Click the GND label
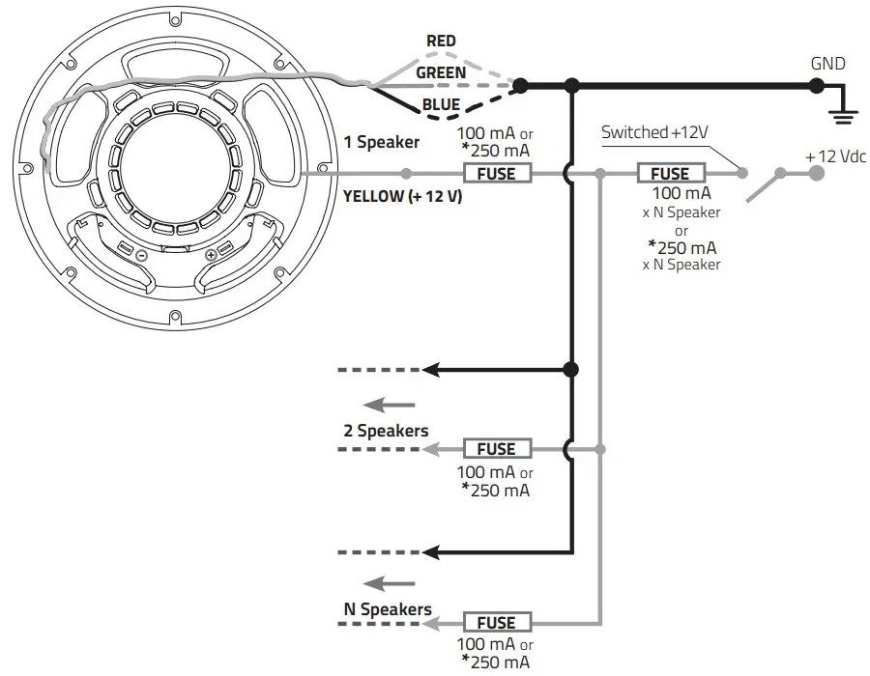tap(828, 64)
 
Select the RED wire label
tap(441, 42)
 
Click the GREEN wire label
tap(441, 72)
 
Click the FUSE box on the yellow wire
tap(498, 174)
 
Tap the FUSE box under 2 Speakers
tap(496, 449)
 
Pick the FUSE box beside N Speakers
tap(496, 623)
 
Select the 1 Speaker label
tap(382, 143)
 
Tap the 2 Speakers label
tap(386, 431)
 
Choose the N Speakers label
tap(388, 609)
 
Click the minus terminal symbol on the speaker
tap(140, 257)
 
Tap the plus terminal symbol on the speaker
tap(211, 256)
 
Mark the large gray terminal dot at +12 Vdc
tap(817, 174)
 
